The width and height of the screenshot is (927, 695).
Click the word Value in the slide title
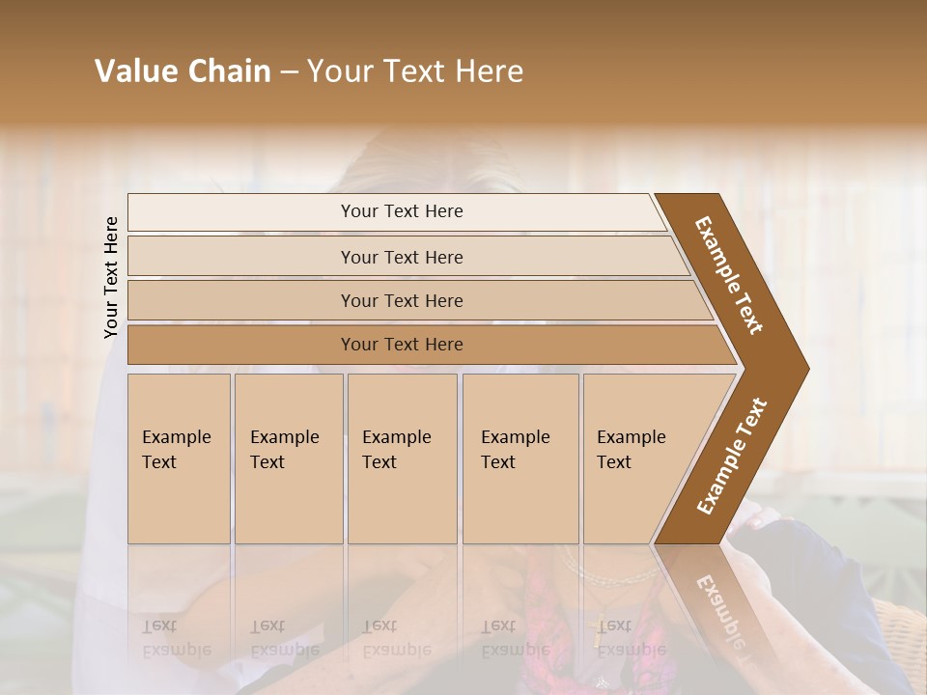tap(134, 71)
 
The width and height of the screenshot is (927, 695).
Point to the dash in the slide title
tap(289, 72)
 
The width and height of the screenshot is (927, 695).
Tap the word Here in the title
tap(489, 71)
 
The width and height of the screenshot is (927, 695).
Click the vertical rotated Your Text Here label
tap(111, 277)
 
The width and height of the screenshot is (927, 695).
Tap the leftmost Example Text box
tap(179, 459)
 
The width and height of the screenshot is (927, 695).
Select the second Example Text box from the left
tap(289, 459)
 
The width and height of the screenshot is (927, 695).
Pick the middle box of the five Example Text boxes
tap(402, 459)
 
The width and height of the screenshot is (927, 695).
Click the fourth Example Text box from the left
tap(520, 459)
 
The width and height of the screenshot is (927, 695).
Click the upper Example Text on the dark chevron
tap(729, 274)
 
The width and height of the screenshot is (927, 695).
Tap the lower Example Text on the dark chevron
tap(732, 456)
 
